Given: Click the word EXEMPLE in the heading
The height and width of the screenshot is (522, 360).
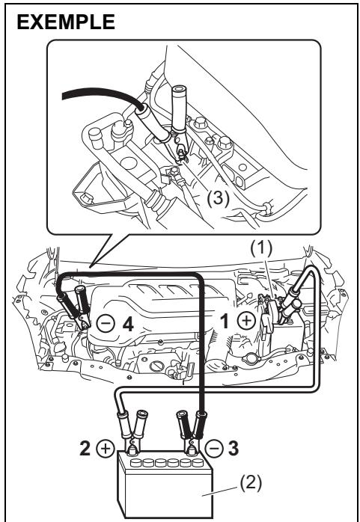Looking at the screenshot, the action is pyautogui.click(x=66, y=22).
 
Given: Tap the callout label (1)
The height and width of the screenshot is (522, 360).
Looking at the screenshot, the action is pyautogui.click(x=261, y=248).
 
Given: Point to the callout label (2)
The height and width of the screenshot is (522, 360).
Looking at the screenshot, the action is pyautogui.click(x=251, y=482).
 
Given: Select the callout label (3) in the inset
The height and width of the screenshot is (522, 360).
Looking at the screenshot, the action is pyautogui.click(x=218, y=199).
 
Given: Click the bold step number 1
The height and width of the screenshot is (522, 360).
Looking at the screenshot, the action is pyautogui.click(x=225, y=322).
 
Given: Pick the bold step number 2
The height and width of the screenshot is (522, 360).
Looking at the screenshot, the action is pyautogui.click(x=85, y=448).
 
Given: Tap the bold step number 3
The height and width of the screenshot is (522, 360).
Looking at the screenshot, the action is pyautogui.click(x=234, y=448).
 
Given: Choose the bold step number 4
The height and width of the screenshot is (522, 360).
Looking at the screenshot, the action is pyautogui.click(x=128, y=324).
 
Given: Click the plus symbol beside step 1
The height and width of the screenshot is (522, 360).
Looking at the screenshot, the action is pyautogui.click(x=246, y=321).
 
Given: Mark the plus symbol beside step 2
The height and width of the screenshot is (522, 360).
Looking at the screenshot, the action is pyautogui.click(x=106, y=448).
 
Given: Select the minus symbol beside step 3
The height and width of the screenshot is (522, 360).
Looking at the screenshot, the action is pyautogui.click(x=214, y=448).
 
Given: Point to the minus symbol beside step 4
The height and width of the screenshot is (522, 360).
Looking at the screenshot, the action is pyautogui.click(x=106, y=323).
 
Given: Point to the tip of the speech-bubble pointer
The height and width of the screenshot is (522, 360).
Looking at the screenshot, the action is pyautogui.click(x=90, y=266).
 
